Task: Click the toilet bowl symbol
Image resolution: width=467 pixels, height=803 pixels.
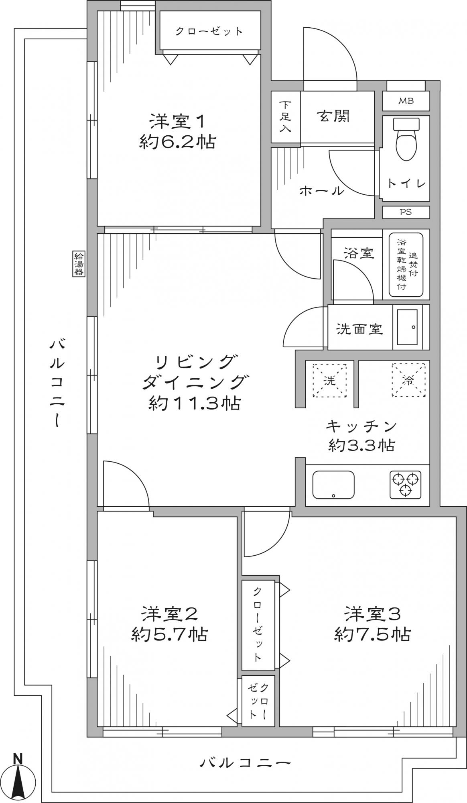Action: tap(406, 139)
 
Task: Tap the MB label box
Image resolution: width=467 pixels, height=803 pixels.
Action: tap(406, 101)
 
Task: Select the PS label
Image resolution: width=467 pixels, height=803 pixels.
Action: tap(406, 212)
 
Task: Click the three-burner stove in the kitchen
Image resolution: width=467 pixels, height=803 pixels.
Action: tap(406, 484)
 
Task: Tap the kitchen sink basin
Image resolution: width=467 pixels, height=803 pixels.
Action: tap(333, 484)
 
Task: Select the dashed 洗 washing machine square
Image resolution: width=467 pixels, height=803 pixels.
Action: tap(329, 380)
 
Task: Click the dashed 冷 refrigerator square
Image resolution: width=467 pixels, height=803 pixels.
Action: tap(408, 380)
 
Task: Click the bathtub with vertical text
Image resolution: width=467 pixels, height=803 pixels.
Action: tap(406, 265)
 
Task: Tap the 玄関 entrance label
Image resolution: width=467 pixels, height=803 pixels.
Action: tap(334, 116)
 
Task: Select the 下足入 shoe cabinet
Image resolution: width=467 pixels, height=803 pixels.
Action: tap(286, 117)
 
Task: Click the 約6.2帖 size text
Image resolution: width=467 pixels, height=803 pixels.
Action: tap(177, 142)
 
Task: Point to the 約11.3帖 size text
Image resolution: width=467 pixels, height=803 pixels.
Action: tap(195, 403)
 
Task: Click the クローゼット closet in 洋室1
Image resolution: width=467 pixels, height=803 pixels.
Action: tap(209, 31)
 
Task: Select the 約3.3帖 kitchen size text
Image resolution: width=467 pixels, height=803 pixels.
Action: tap(361, 445)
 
